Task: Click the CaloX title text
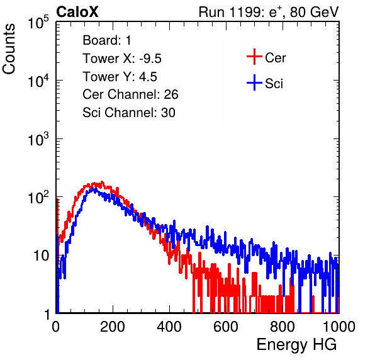pyautogui.click(x=77, y=12)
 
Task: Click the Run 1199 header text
pyautogui.click(x=269, y=12)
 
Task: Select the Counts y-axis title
pyautogui.click(x=9, y=49)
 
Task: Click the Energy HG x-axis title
pyautogui.click(x=296, y=344)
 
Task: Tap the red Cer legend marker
pyautogui.click(x=254, y=57)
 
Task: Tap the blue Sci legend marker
pyautogui.click(x=254, y=83)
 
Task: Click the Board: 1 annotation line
pyautogui.click(x=107, y=40)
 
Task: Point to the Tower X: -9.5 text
pyautogui.click(x=122, y=59)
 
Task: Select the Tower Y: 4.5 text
pyautogui.click(x=120, y=77)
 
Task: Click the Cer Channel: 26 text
pyautogui.click(x=130, y=94)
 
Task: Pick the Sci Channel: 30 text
pyautogui.click(x=129, y=113)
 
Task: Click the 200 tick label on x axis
pyautogui.click(x=113, y=327)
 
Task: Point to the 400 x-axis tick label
pyautogui.click(x=169, y=327)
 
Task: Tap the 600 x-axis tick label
pyautogui.click(x=226, y=327)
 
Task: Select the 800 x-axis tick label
pyautogui.click(x=283, y=327)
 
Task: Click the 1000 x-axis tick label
pyautogui.click(x=339, y=327)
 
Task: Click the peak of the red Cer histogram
pyautogui.click(x=102, y=182)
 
